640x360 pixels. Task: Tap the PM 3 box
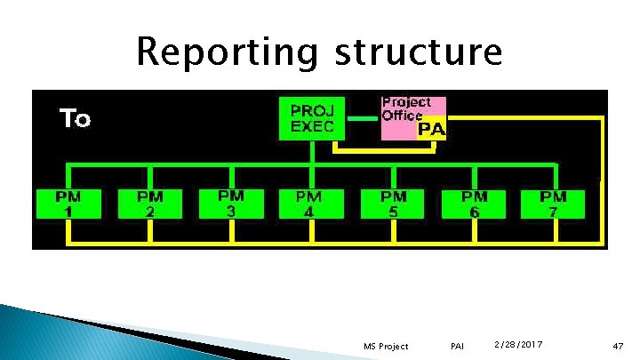(231, 203)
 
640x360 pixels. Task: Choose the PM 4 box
(309, 204)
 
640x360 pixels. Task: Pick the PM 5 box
(393, 204)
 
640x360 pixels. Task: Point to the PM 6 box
(475, 204)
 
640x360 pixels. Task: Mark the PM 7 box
(554, 204)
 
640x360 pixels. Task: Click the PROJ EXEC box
(312, 118)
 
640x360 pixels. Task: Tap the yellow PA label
(431, 130)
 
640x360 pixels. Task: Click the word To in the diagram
(75, 118)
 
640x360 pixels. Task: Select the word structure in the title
(418, 52)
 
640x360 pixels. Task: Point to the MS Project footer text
(387, 346)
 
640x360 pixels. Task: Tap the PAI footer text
(458, 346)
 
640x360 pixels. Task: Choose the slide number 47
(618, 345)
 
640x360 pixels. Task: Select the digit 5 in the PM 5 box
(393, 212)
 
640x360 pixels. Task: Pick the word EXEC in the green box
(312, 126)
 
